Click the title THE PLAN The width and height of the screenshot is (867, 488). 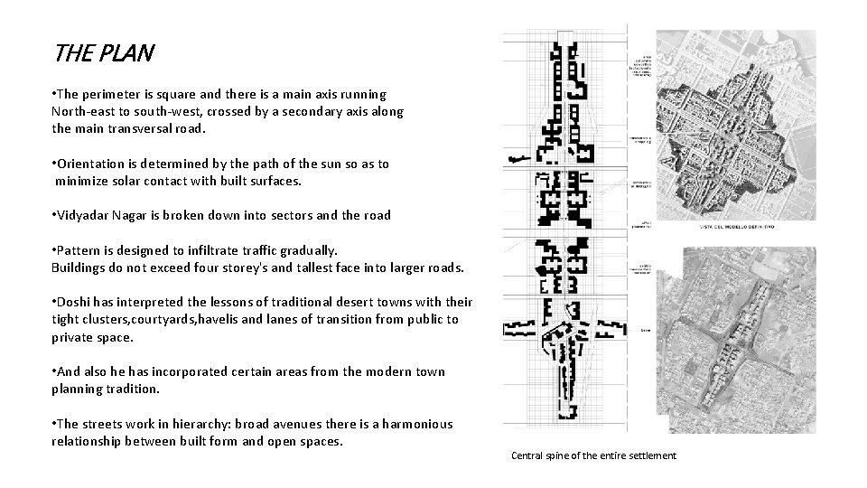[x=104, y=53]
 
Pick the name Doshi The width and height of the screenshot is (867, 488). [x=76, y=302]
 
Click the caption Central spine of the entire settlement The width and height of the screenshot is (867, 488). [x=593, y=455]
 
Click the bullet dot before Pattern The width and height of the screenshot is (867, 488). [x=55, y=249]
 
